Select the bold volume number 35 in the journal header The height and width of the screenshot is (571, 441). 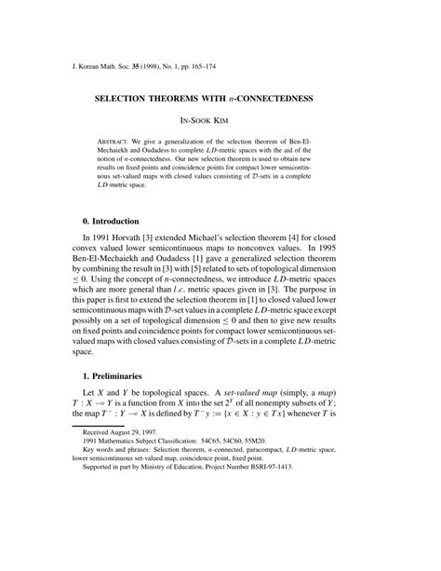153,67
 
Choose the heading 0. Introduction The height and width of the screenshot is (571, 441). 111,222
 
